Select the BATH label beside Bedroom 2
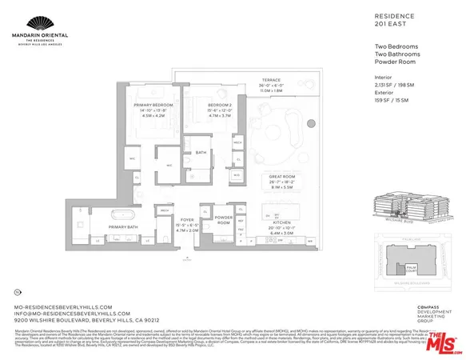point(201,152)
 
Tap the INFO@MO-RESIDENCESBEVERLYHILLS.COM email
point(66,313)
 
